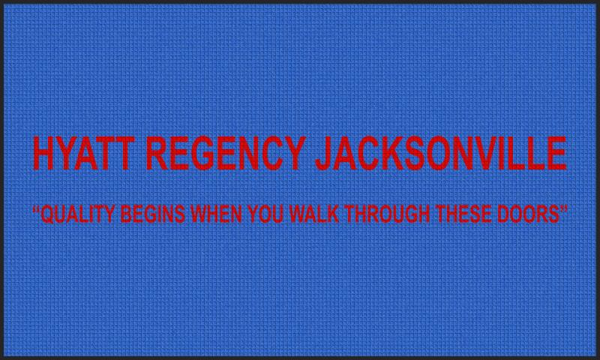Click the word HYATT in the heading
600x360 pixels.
(x=84, y=153)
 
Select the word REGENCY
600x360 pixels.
(x=226, y=153)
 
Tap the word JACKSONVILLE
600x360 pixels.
(x=441, y=153)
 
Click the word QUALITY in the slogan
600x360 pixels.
(x=78, y=214)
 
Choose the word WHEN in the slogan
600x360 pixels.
(x=216, y=214)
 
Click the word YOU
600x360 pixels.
(x=265, y=214)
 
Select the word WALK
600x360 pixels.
(x=313, y=214)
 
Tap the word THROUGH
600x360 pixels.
(x=387, y=214)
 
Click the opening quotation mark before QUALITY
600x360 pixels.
(x=37, y=209)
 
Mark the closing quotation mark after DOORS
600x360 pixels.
(x=563, y=209)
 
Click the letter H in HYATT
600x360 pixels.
(x=44, y=153)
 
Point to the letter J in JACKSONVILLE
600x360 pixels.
(x=324, y=154)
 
